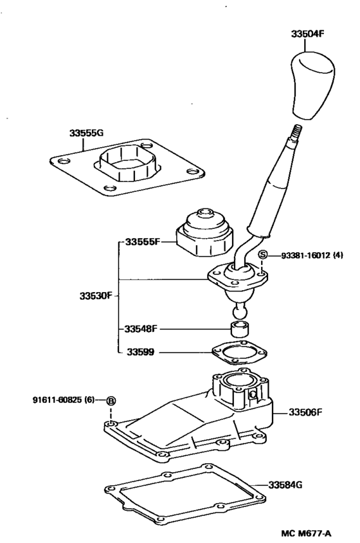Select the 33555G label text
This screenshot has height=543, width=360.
point(87,133)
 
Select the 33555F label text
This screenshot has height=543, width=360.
point(142,242)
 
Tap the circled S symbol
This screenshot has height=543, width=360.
point(262,255)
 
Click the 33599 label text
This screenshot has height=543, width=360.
point(140,352)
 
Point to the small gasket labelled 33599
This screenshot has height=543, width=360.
point(239,353)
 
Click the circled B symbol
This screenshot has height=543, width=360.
point(111,400)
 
